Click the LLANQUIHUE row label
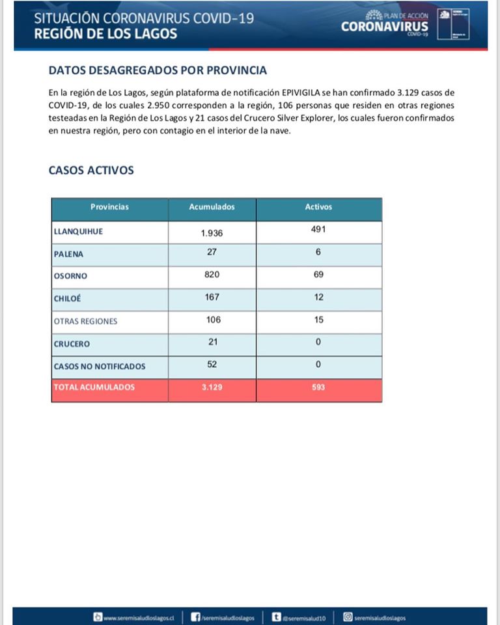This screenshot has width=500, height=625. [x=78, y=231]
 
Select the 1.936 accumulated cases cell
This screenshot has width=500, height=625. [x=212, y=232]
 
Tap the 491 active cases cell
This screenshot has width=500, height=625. [x=318, y=229]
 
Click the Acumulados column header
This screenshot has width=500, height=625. [x=212, y=207]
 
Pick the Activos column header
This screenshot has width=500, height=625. [x=318, y=207]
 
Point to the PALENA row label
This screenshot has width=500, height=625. [x=68, y=254]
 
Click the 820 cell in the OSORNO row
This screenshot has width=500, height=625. [x=212, y=275]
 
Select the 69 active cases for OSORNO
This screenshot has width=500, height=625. [x=318, y=275]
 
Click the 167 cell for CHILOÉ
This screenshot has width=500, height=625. [x=212, y=297]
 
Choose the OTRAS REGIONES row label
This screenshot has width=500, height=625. [x=85, y=321]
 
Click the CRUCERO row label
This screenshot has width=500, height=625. [x=72, y=344]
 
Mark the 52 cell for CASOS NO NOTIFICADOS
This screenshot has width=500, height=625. [x=212, y=365]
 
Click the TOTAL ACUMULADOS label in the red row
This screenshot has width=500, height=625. [x=94, y=387]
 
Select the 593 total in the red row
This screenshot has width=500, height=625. [x=318, y=387]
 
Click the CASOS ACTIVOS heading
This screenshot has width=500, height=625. [x=91, y=171]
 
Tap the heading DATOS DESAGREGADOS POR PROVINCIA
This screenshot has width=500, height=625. [x=158, y=70]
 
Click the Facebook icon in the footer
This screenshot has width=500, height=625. [x=195, y=617]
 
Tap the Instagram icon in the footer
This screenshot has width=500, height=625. [x=348, y=617]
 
